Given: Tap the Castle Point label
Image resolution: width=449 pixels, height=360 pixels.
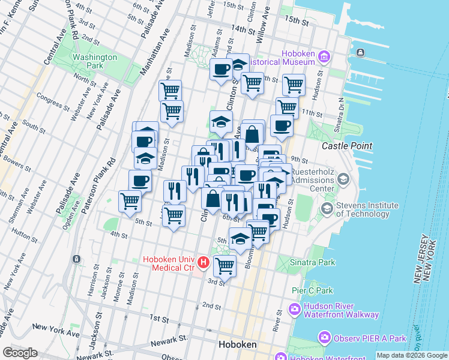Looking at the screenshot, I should pos(347,146).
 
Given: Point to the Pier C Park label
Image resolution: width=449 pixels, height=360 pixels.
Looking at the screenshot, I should pos(312,290).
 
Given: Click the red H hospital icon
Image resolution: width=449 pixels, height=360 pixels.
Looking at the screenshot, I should pos(203,263).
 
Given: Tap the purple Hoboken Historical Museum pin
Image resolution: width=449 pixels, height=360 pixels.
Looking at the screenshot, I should pos(324,58).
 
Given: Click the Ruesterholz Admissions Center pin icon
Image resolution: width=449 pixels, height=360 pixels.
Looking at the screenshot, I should pos(343,179).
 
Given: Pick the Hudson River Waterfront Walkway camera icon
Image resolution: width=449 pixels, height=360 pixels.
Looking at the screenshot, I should pos(295,310).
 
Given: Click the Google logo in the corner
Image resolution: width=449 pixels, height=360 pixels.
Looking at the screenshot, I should pos(20,353).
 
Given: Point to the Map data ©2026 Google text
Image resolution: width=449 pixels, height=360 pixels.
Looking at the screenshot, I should pos(412,355).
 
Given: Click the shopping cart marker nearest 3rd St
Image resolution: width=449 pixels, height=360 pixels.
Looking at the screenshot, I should pos(224,265).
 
